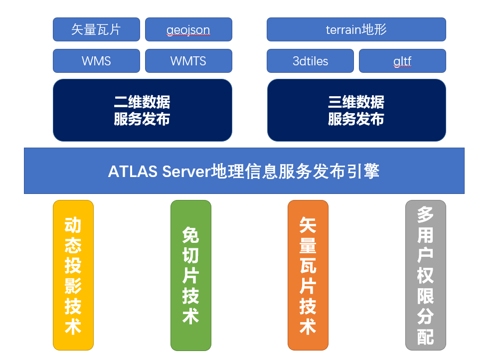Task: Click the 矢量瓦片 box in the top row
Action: pos(96,29)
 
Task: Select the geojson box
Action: pos(188,29)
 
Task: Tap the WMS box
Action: pos(96,61)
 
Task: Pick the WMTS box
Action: pos(188,61)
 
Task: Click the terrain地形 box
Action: pos(356,29)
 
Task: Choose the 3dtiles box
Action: pos(310,61)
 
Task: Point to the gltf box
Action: pos(402,61)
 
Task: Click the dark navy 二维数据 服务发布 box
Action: pos(142,110)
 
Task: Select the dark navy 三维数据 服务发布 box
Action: pos(356,110)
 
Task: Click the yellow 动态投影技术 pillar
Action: pos(73,275)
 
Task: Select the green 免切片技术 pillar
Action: pos(190,275)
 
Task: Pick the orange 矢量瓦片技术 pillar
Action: pos(308,275)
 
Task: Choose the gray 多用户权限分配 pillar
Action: pos(425,275)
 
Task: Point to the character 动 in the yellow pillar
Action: pos(73,225)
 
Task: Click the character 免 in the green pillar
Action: pos(190,234)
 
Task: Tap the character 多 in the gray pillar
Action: pos(425,215)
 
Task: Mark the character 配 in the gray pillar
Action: pos(425,337)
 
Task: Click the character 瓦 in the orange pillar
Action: pos(308,266)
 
